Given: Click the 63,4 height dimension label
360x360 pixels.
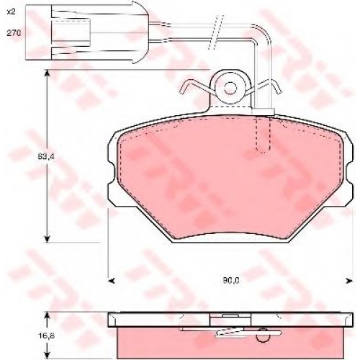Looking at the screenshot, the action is tap(46, 157).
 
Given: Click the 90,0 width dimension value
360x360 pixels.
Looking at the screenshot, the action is tap(231, 280).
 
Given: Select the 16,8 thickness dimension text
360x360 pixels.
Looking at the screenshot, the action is tap(46, 336).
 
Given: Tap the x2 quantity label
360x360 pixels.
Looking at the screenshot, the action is tap(11, 12).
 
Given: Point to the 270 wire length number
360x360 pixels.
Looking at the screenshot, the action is tap(14, 33).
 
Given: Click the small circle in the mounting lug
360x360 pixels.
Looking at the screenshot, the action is tap(230, 88).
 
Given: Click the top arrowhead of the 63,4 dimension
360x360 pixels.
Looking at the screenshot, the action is tap(48, 73).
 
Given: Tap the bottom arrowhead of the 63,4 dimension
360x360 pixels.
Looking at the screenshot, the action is tap(48, 239).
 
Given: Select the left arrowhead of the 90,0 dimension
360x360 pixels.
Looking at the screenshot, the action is tap(112, 280).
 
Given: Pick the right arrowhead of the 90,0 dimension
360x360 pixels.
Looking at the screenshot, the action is tap(349, 280).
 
